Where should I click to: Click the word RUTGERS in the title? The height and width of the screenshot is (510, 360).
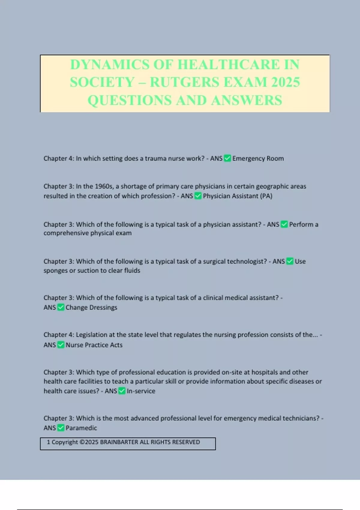point(184,82)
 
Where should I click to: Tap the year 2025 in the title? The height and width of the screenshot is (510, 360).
point(285,82)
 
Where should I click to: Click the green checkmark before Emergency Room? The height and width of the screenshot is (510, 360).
point(227,158)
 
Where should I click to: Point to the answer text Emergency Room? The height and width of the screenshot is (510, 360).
point(258,158)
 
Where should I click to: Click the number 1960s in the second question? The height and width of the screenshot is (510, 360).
point(104,186)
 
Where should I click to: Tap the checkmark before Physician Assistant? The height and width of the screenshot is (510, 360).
point(198,196)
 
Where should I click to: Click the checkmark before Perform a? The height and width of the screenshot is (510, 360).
point(284,224)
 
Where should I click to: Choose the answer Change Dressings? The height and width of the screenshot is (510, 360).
point(91,307)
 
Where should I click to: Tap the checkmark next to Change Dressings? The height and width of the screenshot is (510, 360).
point(61,307)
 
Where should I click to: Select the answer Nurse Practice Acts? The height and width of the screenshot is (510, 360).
point(94,345)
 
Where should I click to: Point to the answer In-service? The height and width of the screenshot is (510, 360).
point(141,391)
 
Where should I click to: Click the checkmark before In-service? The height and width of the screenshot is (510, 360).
point(122,391)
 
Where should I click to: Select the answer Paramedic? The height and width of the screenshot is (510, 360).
point(81,428)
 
